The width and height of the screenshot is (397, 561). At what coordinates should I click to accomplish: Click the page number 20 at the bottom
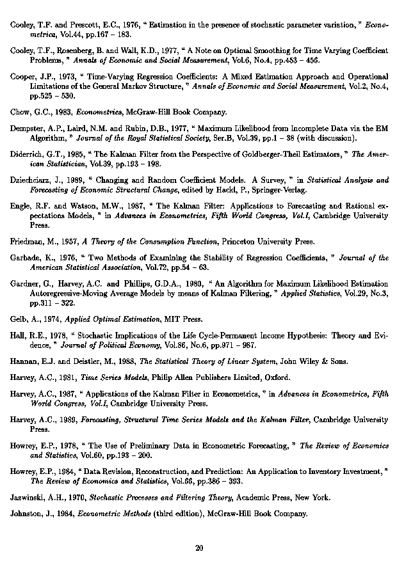click(199, 548)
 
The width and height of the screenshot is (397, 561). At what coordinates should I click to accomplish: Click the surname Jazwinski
click(28, 496)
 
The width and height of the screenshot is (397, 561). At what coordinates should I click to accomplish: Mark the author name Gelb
click(19, 319)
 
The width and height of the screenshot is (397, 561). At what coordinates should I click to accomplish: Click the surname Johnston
click(27, 513)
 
